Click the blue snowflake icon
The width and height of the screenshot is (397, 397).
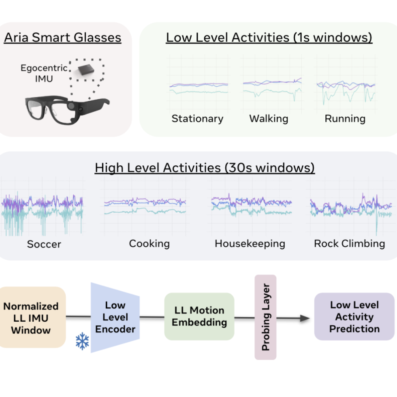(x=82, y=341)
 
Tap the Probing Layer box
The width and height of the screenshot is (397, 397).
(x=265, y=317)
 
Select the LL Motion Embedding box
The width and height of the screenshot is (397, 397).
(x=199, y=316)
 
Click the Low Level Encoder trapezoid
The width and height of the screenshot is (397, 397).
(x=115, y=317)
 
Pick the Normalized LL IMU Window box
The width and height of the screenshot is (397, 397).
(x=31, y=318)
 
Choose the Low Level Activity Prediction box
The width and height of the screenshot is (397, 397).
(x=354, y=316)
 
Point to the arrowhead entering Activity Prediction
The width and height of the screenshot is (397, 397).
(x=305, y=318)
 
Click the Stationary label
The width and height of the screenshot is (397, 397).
(x=198, y=118)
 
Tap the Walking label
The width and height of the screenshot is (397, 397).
(x=269, y=118)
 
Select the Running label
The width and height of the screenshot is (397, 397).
(x=345, y=118)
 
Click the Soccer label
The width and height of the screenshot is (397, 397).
(x=44, y=244)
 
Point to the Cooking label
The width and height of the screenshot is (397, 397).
(x=149, y=243)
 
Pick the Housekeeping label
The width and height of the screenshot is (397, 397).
(x=250, y=243)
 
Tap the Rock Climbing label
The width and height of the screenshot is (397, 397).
(x=349, y=243)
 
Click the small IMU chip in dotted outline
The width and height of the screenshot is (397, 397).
(x=86, y=70)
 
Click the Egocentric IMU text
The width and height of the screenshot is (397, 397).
(x=44, y=73)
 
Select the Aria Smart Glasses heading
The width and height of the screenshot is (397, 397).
(x=62, y=37)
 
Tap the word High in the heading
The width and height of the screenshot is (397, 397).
(x=109, y=168)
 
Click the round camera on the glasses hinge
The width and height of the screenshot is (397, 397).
(x=71, y=106)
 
